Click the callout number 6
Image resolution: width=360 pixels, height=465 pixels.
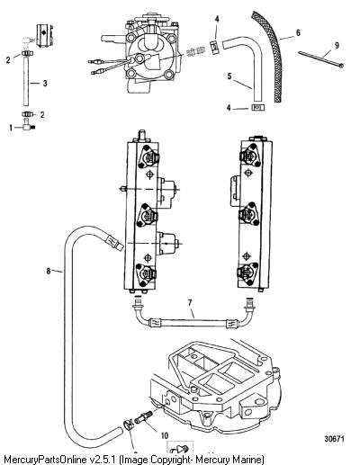click(298, 32)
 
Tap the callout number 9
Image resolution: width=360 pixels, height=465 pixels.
click(337, 45)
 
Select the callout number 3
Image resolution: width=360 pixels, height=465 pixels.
click(45, 84)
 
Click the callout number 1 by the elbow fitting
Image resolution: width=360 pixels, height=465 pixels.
click(11, 128)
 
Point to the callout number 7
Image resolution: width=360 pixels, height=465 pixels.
click(190, 303)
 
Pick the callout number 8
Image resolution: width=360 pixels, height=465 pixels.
click(49, 272)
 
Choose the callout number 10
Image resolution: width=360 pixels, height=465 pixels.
click(165, 435)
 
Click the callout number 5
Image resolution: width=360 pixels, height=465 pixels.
click(229, 76)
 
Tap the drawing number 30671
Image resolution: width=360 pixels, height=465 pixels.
click(334, 439)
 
